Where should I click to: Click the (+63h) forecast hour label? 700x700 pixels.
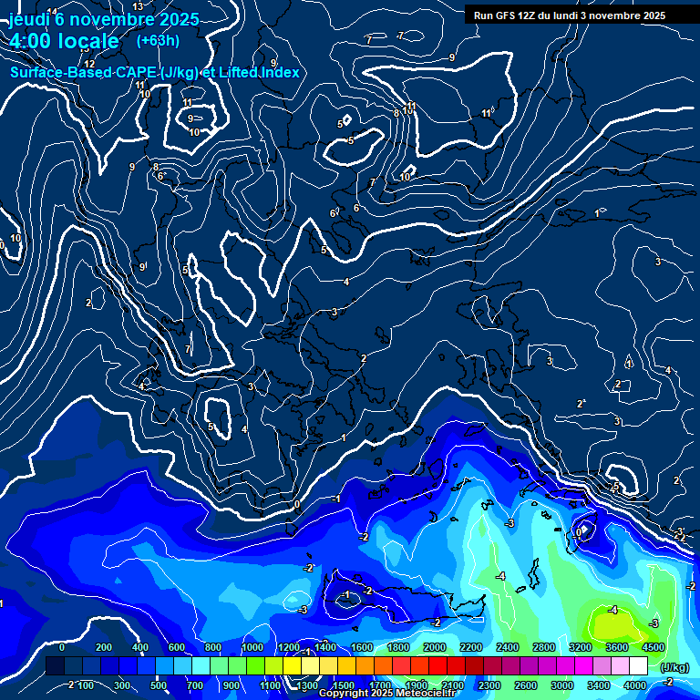tap(158, 40)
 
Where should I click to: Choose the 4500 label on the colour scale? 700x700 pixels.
tap(653, 647)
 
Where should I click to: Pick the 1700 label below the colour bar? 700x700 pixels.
tap(380, 685)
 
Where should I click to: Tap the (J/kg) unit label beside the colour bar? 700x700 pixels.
tap(674, 667)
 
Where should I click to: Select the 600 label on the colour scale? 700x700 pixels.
tap(177, 647)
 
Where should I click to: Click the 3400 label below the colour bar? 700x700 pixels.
tap(598, 685)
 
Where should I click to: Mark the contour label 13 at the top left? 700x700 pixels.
tap(138, 6)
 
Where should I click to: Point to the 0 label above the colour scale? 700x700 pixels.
tap(62, 647)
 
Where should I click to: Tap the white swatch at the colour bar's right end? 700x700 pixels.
tap(638, 666)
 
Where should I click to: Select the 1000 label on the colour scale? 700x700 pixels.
tap(252, 647)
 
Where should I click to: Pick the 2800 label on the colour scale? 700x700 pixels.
tap(544, 647)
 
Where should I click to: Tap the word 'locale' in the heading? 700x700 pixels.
tap(88, 41)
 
